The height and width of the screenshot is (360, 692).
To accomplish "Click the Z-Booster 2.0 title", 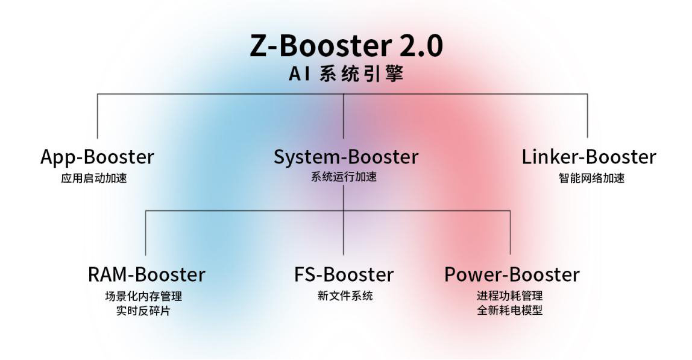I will tap(346, 46).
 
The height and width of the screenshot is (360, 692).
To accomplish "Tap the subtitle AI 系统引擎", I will tap(346, 74).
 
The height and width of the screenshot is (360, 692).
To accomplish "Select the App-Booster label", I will tap(97, 157).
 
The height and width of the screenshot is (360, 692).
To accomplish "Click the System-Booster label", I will tap(346, 157).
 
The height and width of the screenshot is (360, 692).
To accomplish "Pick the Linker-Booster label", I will tap(589, 157).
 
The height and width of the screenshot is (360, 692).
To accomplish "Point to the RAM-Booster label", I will tap(146, 274).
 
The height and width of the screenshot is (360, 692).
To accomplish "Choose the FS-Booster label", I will tap(344, 274).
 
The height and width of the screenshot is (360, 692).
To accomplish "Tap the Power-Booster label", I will tap(512, 274).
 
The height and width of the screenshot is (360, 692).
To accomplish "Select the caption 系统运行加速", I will tap(344, 177).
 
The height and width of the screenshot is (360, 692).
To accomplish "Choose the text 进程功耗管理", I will tap(510, 296).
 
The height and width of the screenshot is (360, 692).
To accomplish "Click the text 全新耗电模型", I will tap(510, 311).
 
